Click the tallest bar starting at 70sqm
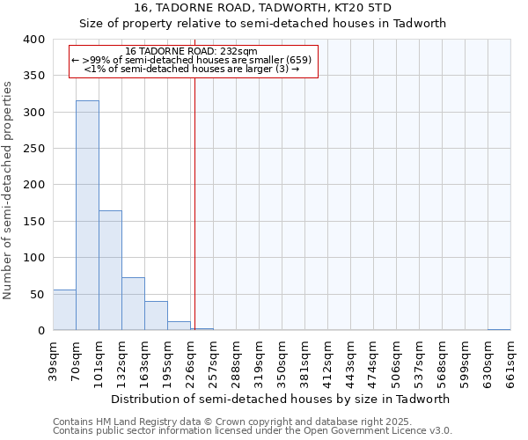coord(87,216)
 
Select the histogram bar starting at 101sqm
coord(110,270)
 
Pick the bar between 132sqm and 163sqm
coord(133,304)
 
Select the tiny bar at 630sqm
coord(499,329)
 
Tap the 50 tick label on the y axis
coord(37,294)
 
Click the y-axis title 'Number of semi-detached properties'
coord(9,190)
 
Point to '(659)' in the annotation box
coord(298,60)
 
